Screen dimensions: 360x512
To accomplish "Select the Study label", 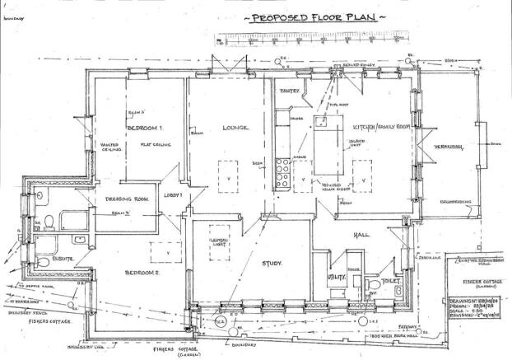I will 272,264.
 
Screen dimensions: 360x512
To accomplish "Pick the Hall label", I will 359,235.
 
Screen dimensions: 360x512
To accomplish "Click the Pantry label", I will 289,91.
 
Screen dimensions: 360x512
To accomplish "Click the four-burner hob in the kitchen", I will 282,173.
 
